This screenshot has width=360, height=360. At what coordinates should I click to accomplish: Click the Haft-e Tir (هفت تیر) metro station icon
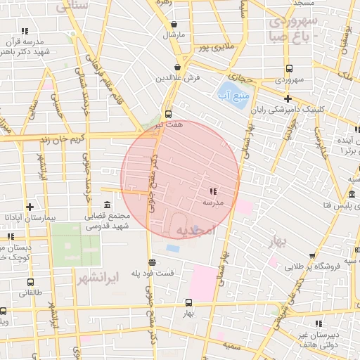point(168,114)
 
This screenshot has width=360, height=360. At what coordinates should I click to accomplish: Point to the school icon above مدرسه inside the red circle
point(212,191)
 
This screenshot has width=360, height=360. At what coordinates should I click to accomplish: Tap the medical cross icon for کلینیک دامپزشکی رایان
point(288,98)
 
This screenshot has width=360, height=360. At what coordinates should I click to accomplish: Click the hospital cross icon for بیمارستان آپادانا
point(29,207)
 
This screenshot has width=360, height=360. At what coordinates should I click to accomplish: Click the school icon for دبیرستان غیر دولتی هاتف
point(319,324)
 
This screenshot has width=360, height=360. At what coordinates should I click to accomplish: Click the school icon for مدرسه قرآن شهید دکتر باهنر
point(25,31)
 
